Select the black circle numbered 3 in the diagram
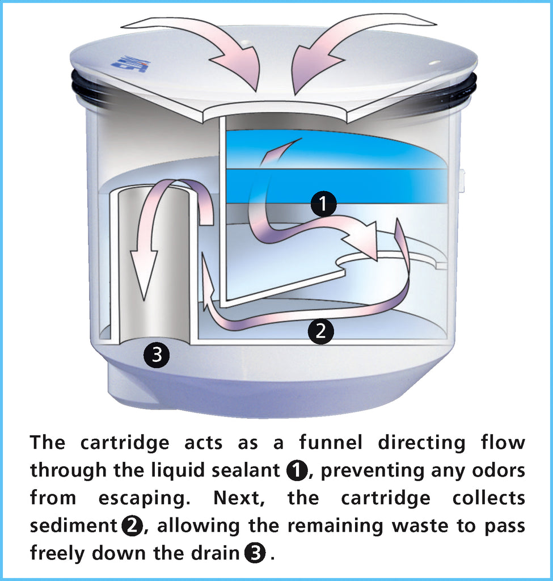[x=157, y=356]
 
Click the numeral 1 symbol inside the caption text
[x=297, y=470]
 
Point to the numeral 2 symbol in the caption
[x=132, y=526]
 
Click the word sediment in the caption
[x=73, y=526]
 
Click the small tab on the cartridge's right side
[x=462, y=180]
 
